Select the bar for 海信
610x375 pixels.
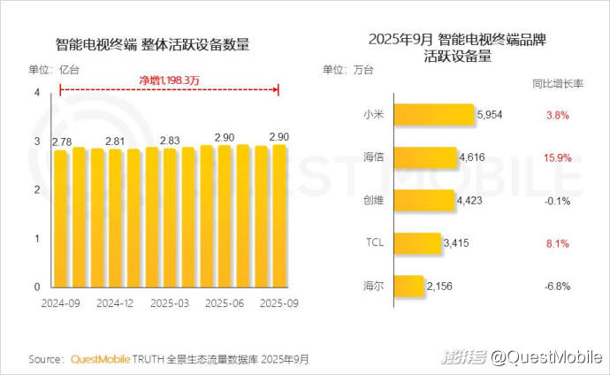pyautogui.click(x=424, y=158)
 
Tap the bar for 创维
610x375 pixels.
pyautogui.click(x=423, y=201)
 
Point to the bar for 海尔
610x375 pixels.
pyautogui.click(x=407, y=286)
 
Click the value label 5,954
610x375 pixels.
pyautogui.click(x=490, y=115)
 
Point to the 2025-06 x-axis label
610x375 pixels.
pyautogui.click(x=225, y=302)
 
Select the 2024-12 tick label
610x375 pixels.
pyautogui.click(x=115, y=302)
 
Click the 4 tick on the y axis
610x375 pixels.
pyautogui.click(x=37, y=93)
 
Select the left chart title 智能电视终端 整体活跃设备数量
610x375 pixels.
pyautogui.click(x=151, y=44)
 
